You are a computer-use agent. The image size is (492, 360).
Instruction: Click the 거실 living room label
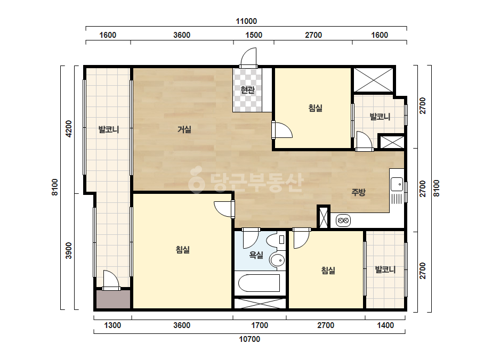click(184, 129)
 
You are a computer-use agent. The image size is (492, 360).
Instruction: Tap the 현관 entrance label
click(247, 90)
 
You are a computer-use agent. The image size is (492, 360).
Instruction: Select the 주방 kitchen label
click(358, 192)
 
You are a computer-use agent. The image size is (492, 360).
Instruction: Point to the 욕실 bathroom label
click(256, 255)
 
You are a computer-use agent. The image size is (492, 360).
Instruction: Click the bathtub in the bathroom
click(259, 283)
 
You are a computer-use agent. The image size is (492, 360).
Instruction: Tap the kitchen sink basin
click(397, 184)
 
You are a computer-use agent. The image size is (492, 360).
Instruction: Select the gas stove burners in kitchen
click(343, 221)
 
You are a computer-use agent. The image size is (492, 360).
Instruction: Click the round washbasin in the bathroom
click(277, 260)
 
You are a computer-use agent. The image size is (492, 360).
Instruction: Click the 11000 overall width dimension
click(246, 21)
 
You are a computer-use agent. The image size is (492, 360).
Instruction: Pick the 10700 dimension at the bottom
click(250, 339)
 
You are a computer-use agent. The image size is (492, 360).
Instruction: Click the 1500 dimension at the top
click(254, 35)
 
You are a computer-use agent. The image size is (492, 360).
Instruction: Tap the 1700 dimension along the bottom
click(260, 325)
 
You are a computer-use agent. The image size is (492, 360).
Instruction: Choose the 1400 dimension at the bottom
click(385, 325)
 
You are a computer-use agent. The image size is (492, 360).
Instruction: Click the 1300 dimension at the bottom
click(112, 325)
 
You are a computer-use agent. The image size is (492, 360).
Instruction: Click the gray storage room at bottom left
click(114, 299)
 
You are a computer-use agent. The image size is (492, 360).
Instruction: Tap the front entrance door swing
click(248, 58)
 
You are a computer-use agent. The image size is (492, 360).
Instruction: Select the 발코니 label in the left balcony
click(109, 129)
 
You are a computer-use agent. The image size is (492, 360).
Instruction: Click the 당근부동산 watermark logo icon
click(196, 180)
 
